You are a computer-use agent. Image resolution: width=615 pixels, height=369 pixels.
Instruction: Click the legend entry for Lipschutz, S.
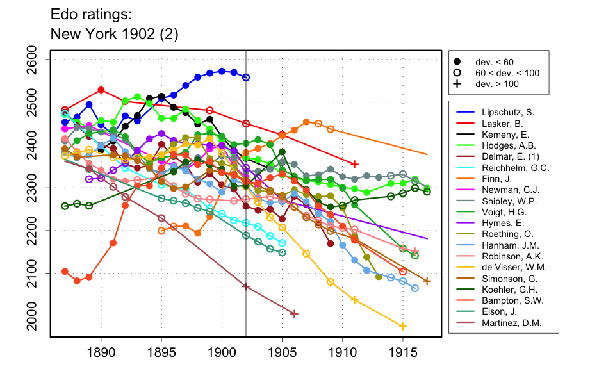click(x=507, y=112)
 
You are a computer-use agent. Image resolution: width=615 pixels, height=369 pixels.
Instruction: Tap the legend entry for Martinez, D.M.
click(x=511, y=323)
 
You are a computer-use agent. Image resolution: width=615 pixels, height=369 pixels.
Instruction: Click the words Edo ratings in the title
click(x=84, y=14)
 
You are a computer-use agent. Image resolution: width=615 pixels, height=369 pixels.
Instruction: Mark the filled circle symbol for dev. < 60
click(x=457, y=62)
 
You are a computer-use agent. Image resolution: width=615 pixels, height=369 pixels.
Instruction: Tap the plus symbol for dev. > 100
click(x=457, y=84)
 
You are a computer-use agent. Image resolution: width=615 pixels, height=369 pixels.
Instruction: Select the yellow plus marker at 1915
click(x=403, y=326)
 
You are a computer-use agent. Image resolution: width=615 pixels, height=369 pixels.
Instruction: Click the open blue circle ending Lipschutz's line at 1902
click(x=246, y=77)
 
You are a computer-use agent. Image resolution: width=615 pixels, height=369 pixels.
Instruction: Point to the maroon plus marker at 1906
click(x=294, y=313)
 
